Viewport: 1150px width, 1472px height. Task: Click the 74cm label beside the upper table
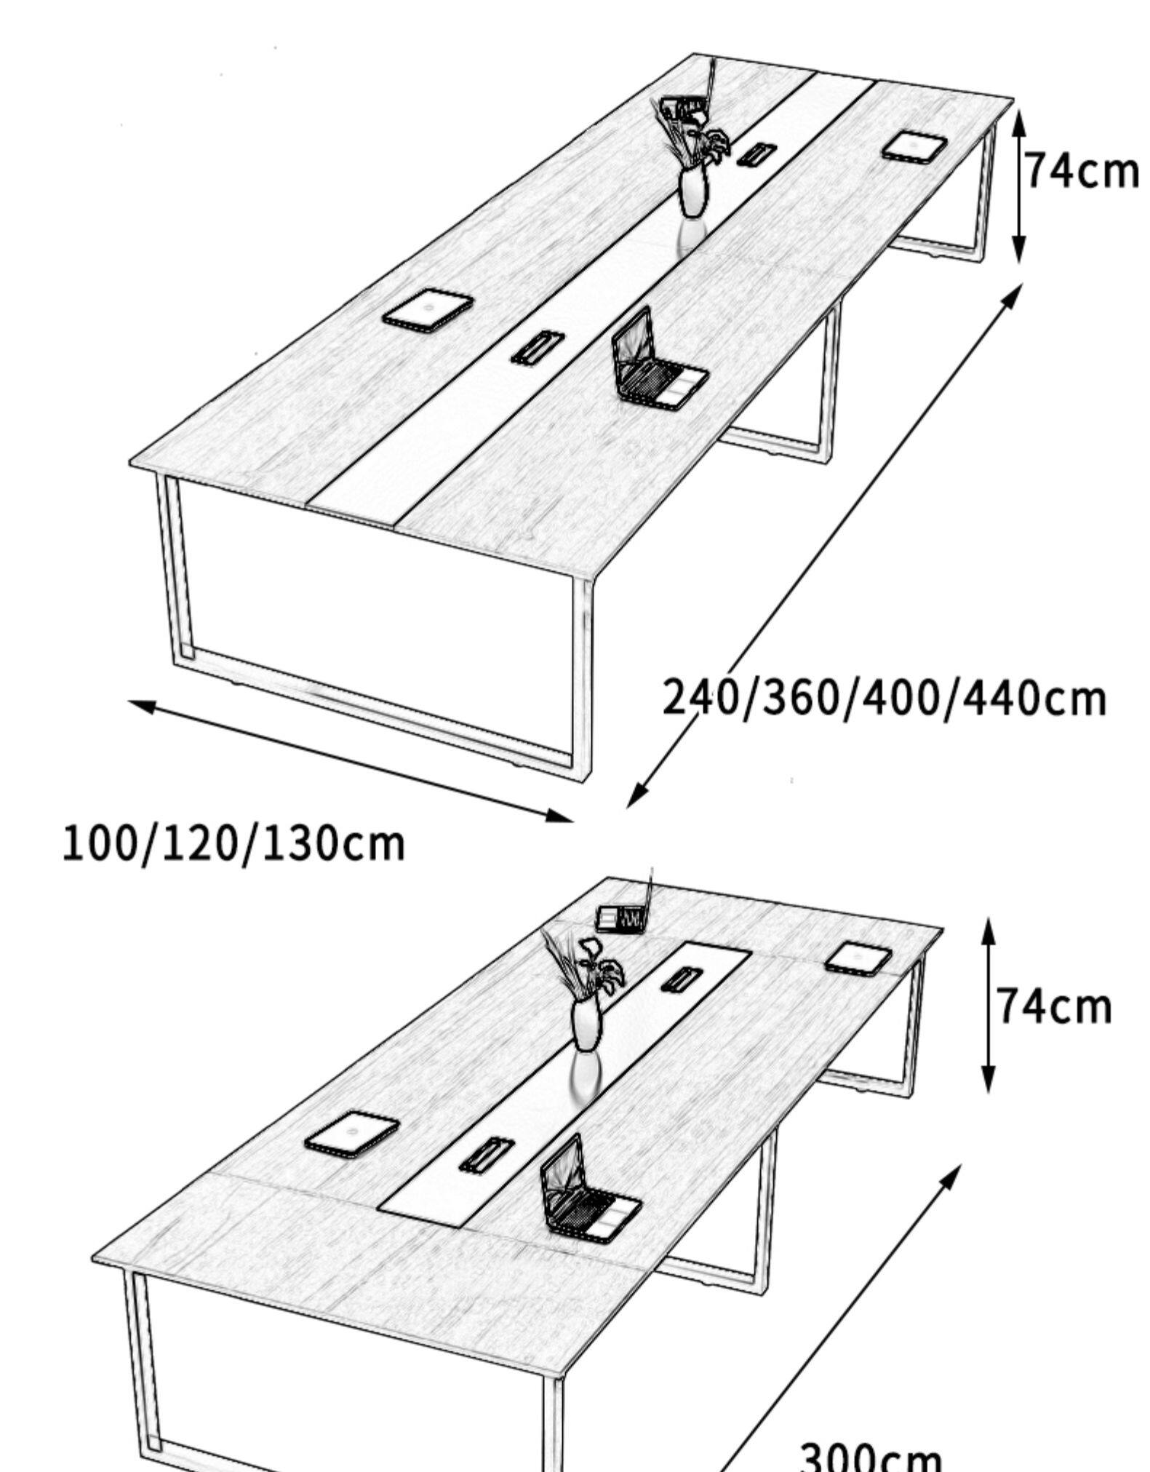pos(1081,172)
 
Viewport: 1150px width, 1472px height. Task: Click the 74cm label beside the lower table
pos(1053,1007)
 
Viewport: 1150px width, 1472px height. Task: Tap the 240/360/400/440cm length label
pos(884,698)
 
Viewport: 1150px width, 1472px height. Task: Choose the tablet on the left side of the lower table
pos(352,1134)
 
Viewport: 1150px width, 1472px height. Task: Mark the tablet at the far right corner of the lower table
pos(858,958)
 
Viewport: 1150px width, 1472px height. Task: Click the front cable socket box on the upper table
pos(536,347)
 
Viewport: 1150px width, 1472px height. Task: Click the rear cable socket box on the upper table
pos(756,154)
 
